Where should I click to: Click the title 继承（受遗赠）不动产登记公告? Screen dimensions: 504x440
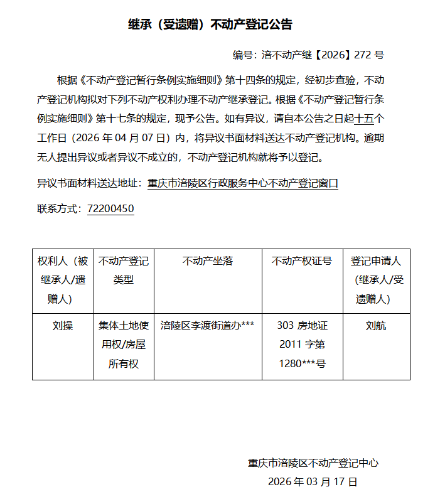pyautogui.click(x=210, y=24)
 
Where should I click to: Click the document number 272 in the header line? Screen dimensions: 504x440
pyautogui.click(x=363, y=55)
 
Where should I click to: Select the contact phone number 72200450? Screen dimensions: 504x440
pyautogui.click(x=110, y=209)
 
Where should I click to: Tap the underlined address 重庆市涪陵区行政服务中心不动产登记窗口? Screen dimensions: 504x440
pyautogui.click(x=243, y=184)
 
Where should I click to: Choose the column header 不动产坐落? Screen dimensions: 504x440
pyautogui.click(x=208, y=261)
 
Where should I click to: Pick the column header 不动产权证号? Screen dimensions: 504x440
pyautogui.click(x=302, y=261)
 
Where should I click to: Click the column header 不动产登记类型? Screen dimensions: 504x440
pyautogui.click(x=124, y=271)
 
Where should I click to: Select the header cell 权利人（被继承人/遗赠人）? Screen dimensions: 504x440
pyautogui.click(x=63, y=280)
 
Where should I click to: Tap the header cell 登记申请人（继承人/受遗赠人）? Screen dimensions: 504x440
pyautogui.click(x=376, y=280)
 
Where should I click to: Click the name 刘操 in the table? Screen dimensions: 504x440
pyautogui.click(x=63, y=326)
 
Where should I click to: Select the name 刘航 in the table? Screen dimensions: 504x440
pyautogui.click(x=376, y=326)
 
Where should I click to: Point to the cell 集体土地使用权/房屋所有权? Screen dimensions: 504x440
pyautogui.click(x=124, y=345)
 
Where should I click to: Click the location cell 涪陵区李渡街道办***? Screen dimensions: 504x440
pyautogui.click(x=208, y=326)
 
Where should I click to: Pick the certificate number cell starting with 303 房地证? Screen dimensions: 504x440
pyautogui.click(x=302, y=345)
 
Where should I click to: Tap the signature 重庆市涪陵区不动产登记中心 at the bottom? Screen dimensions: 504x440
pyautogui.click(x=313, y=464)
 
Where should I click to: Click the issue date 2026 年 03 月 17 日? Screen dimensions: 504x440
pyautogui.click(x=313, y=482)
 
